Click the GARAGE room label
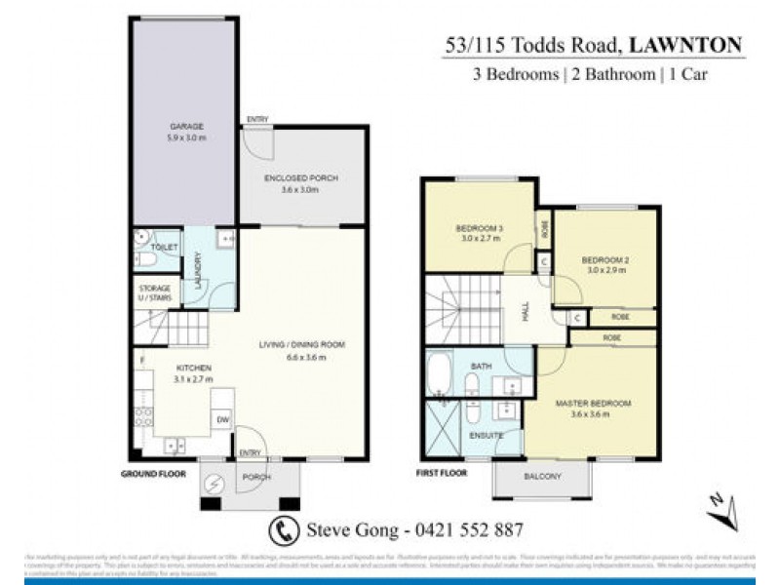pos(184,127)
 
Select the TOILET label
pos(166,248)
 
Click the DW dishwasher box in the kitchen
pos(222,420)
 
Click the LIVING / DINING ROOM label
pos(302,344)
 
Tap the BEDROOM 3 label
pos(478,229)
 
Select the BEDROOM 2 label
pos(603,260)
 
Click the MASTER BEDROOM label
pos(593,403)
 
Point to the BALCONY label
pos(543,476)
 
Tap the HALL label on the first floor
pos(526,311)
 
